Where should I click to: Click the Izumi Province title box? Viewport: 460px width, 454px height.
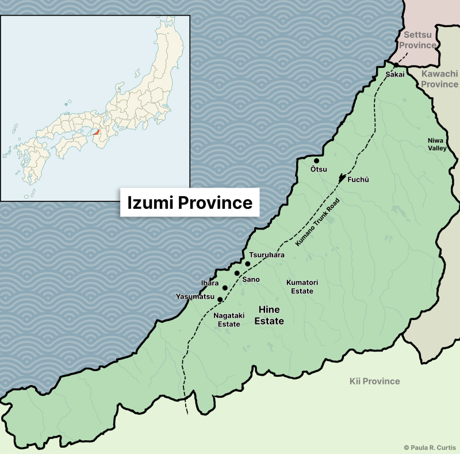coord(190,203)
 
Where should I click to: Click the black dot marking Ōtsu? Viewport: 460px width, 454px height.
coord(316,161)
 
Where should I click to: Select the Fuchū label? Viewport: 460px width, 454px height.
coord(358,180)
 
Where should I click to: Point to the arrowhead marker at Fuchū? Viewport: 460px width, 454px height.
coord(343,178)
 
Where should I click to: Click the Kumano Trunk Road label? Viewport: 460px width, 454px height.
coord(318,223)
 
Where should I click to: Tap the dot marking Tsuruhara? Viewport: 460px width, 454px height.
coord(248,264)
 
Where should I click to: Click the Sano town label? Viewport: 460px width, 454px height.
coord(251,279)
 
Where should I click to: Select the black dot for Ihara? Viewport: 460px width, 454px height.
coord(225,288)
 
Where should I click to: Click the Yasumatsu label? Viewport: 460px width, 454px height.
coord(195,297)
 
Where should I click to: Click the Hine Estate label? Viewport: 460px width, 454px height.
coord(269,315)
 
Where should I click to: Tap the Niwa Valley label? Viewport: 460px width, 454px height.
coord(436,144)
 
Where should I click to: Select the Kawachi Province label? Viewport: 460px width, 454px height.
coord(439,79)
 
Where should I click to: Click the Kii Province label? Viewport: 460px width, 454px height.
coord(374,381)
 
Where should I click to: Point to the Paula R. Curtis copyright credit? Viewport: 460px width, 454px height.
coord(428,447)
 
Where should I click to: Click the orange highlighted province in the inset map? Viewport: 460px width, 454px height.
coord(97,132)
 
